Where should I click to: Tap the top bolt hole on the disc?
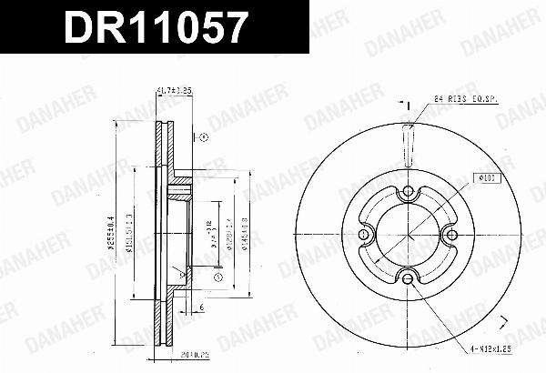tap(407, 192)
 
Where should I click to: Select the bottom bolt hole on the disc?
tap(407, 277)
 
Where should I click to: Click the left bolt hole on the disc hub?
tap(364, 235)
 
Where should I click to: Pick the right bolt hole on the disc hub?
tap(450, 235)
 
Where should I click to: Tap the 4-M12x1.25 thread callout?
tap(498, 347)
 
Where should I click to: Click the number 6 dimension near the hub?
tap(202, 308)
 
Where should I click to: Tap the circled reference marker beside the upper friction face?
tap(204, 137)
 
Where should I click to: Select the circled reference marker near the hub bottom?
tap(218, 276)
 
